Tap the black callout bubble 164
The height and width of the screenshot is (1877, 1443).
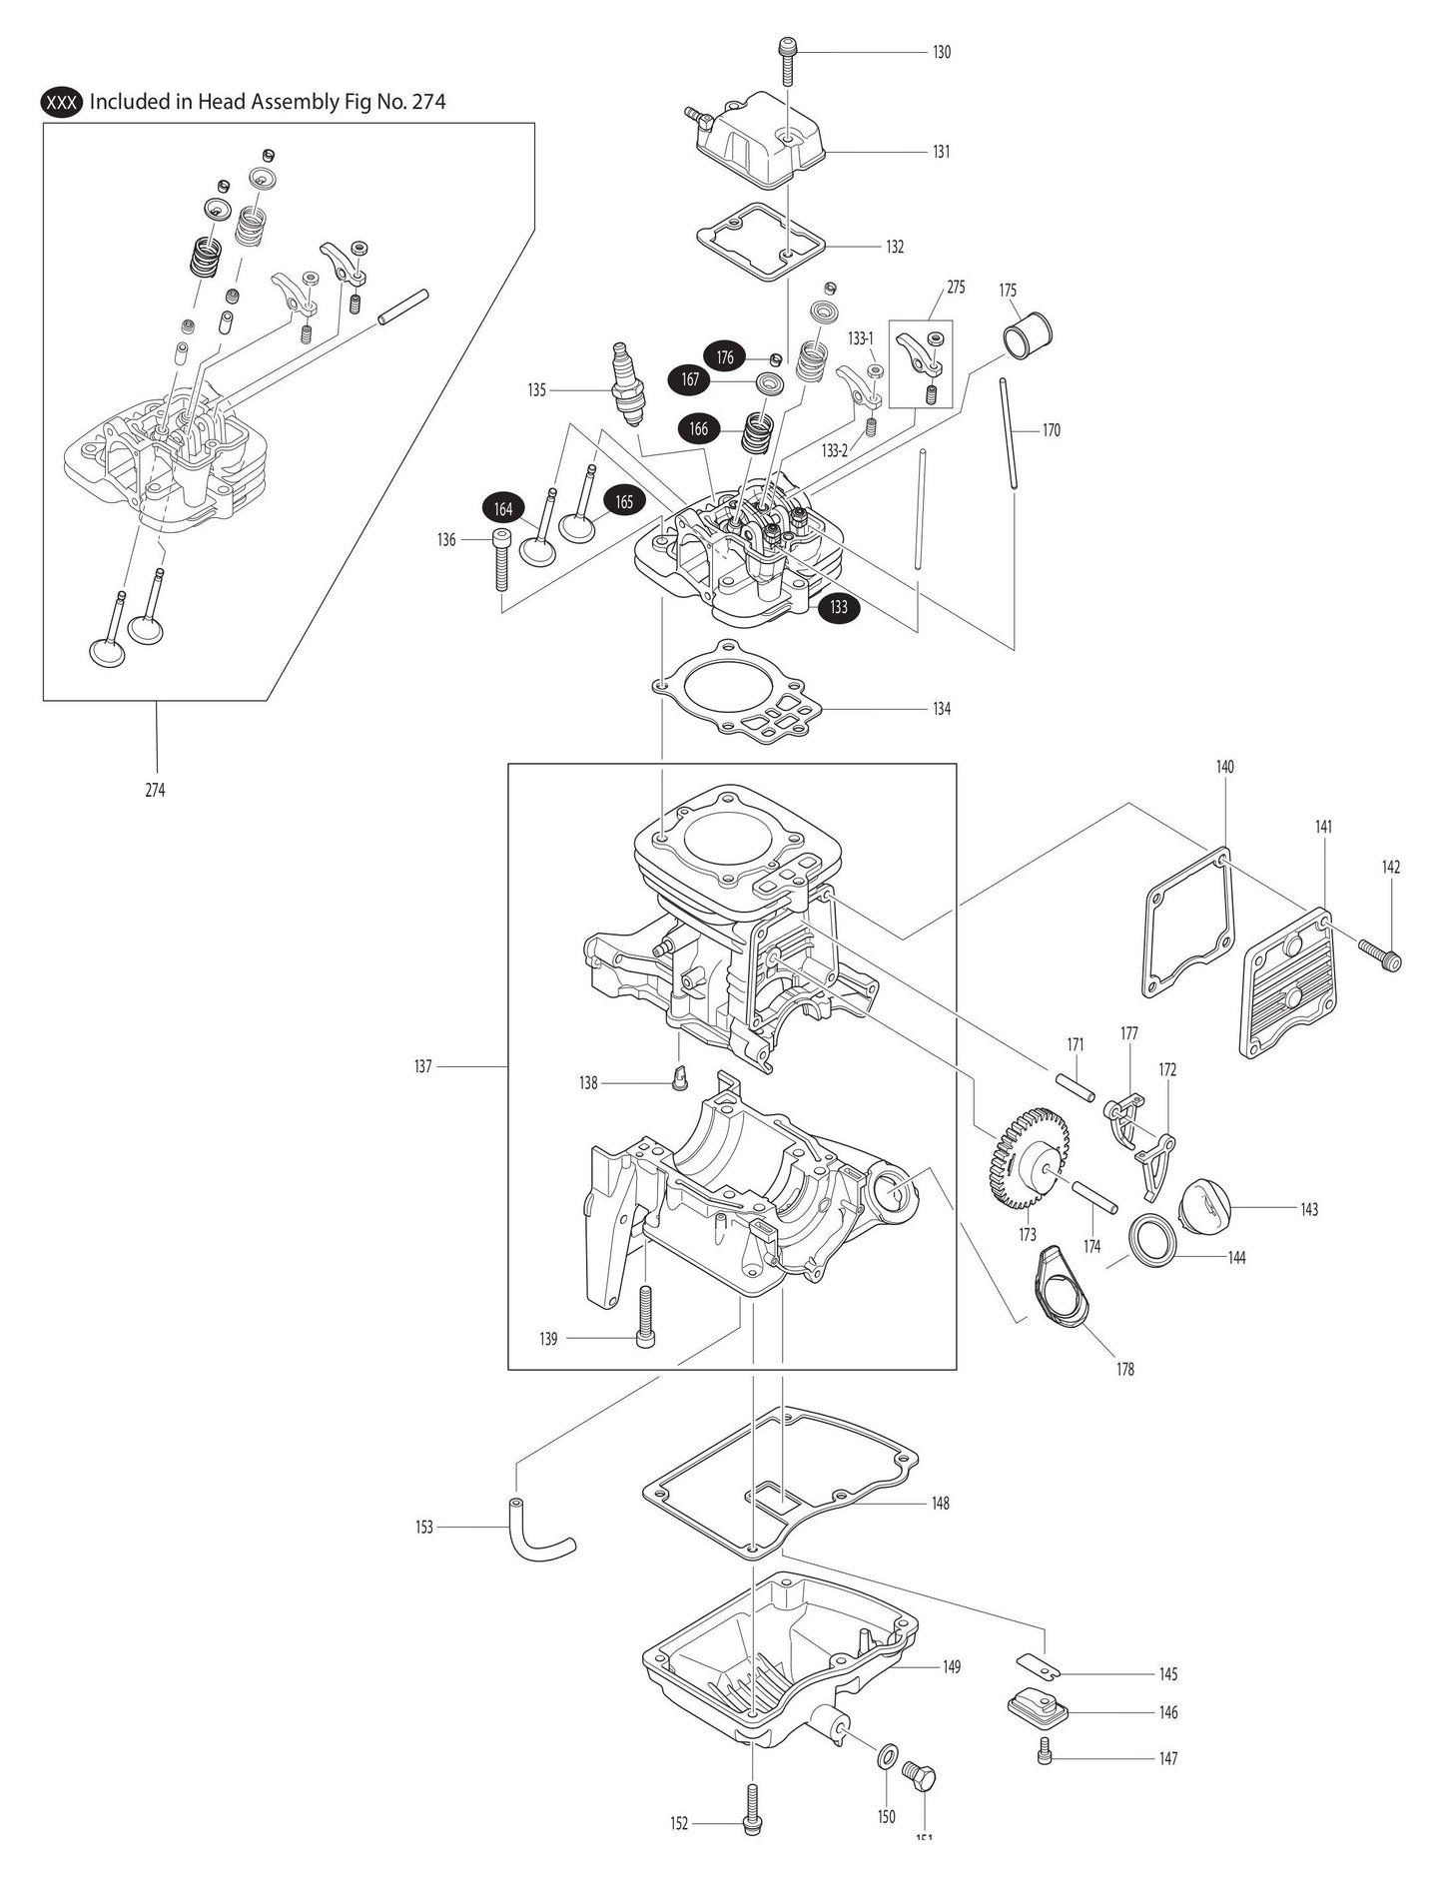(x=504, y=509)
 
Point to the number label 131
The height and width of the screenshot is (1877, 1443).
(x=941, y=152)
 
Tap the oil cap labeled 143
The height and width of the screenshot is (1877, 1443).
(x=1203, y=1207)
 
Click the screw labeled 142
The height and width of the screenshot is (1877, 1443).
(x=1380, y=952)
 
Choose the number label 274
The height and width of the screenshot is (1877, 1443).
(x=155, y=790)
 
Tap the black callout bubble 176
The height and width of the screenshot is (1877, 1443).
(x=725, y=356)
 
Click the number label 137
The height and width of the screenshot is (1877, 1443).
(x=422, y=1066)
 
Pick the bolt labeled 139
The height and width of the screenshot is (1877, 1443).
(x=646, y=1315)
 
